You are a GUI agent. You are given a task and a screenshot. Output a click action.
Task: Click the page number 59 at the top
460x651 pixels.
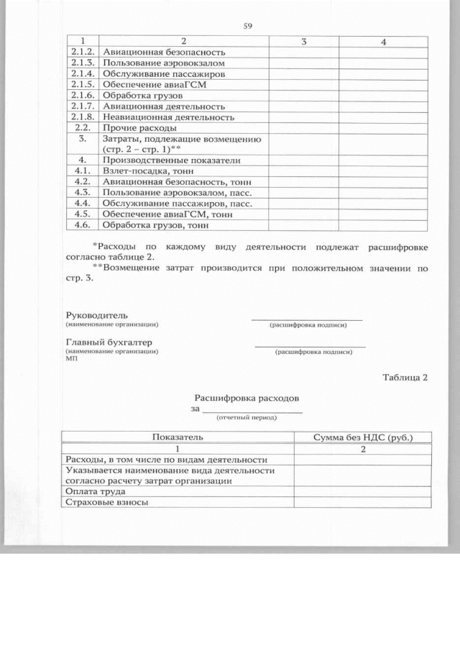[248, 27]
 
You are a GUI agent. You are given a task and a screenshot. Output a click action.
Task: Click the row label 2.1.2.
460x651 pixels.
[84, 53]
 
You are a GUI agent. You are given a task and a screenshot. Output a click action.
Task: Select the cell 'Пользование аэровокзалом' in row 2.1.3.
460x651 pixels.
[160, 63]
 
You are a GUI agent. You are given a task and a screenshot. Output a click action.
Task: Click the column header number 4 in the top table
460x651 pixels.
[383, 42]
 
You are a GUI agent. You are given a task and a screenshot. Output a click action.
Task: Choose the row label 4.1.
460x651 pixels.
[84, 171]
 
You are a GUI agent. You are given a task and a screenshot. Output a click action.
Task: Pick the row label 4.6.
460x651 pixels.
[84, 225]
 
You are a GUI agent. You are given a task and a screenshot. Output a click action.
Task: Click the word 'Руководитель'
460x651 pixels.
[96, 316]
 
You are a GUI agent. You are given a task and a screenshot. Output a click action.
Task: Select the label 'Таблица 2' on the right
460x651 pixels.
[405, 378]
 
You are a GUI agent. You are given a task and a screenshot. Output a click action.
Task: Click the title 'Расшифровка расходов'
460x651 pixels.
[247, 398]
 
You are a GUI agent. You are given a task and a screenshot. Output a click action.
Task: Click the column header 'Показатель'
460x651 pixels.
[178, 437]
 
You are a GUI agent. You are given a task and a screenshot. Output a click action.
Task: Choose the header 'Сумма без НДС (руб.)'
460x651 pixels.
[362, 437]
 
